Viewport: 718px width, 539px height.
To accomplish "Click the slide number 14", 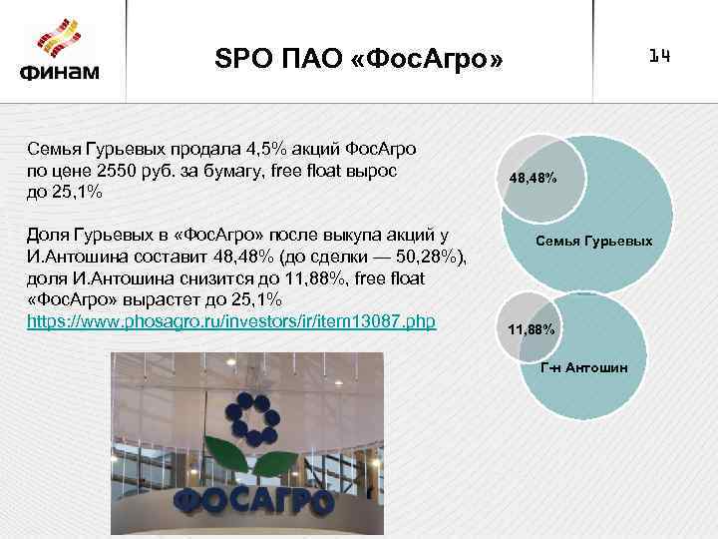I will (659, 57).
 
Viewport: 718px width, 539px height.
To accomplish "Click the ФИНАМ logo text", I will (59, 73).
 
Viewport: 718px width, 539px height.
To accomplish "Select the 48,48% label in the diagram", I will (533, 178).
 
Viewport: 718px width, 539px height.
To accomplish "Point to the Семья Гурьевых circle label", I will (594, 242).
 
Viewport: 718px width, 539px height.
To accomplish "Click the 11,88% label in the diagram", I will (532, 328).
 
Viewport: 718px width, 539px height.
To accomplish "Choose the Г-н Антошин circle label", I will (584, 368).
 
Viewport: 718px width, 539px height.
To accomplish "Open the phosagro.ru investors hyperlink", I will (231, 324).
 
